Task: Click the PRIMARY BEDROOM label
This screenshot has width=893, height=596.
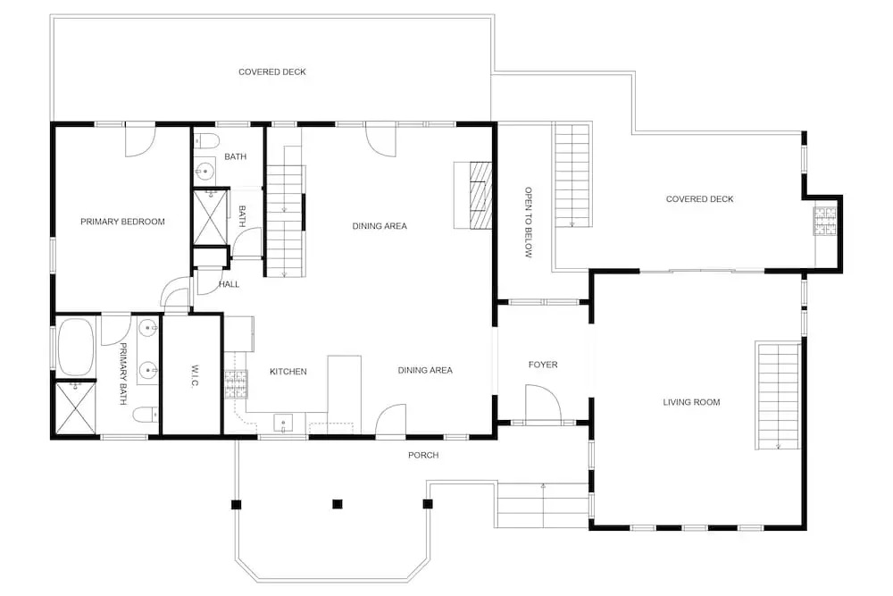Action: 122,222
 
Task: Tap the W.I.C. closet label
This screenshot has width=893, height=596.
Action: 194,376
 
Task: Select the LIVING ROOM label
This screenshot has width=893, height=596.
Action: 691,402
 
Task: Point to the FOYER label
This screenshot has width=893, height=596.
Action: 543,365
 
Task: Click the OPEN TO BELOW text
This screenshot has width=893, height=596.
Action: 528,222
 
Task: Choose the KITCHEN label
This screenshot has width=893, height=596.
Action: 288,372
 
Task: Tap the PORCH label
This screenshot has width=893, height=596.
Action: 423,455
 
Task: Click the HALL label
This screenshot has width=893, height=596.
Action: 229,284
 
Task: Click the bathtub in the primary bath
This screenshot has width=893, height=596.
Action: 75,347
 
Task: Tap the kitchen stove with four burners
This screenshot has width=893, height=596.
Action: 237,384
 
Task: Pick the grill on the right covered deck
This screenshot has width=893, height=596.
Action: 825,221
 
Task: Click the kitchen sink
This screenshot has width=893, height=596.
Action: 283,424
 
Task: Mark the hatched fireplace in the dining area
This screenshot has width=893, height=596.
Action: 480,195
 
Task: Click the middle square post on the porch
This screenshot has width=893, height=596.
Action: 338,504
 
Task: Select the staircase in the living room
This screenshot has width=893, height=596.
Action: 778,396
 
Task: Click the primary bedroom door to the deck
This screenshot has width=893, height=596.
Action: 140,140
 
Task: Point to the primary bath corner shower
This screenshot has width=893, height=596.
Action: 76,408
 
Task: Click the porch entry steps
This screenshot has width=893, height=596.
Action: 543,505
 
